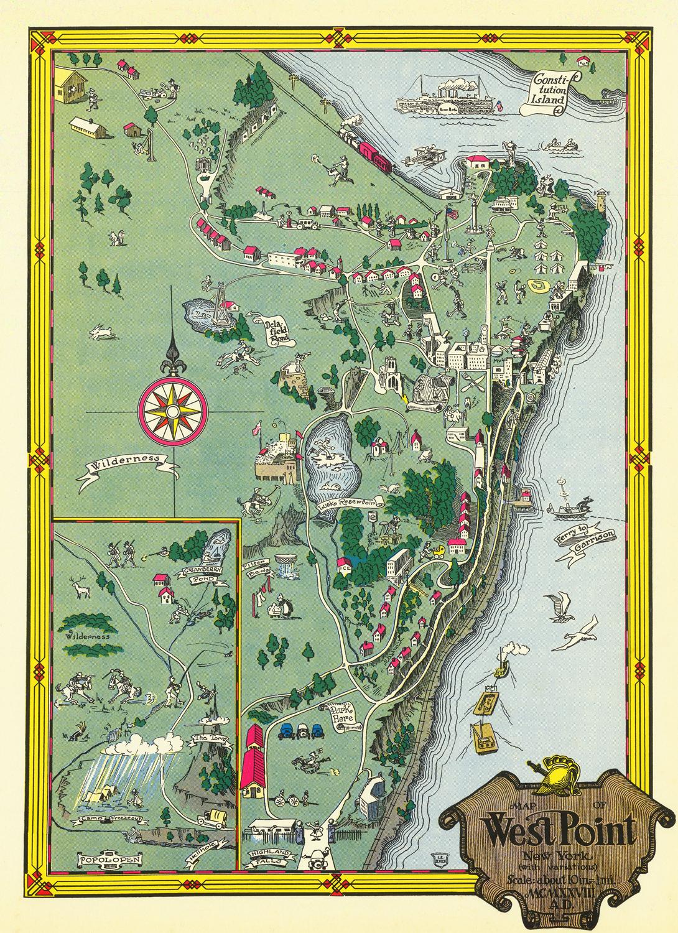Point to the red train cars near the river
click(374, 154)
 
